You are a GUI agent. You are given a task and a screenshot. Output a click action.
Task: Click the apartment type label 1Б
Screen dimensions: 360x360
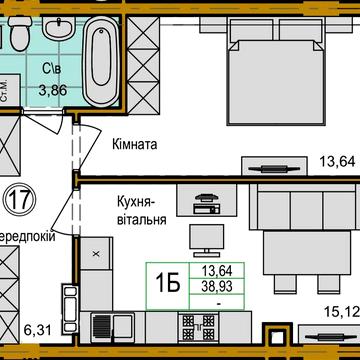click(170, 284)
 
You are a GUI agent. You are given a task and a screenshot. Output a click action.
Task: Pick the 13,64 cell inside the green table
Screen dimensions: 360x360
click(219, 270)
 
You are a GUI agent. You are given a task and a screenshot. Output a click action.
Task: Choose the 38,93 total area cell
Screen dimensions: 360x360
click(219, 285)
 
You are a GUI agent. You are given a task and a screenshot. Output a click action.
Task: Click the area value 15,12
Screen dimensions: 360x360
click(340, 311)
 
